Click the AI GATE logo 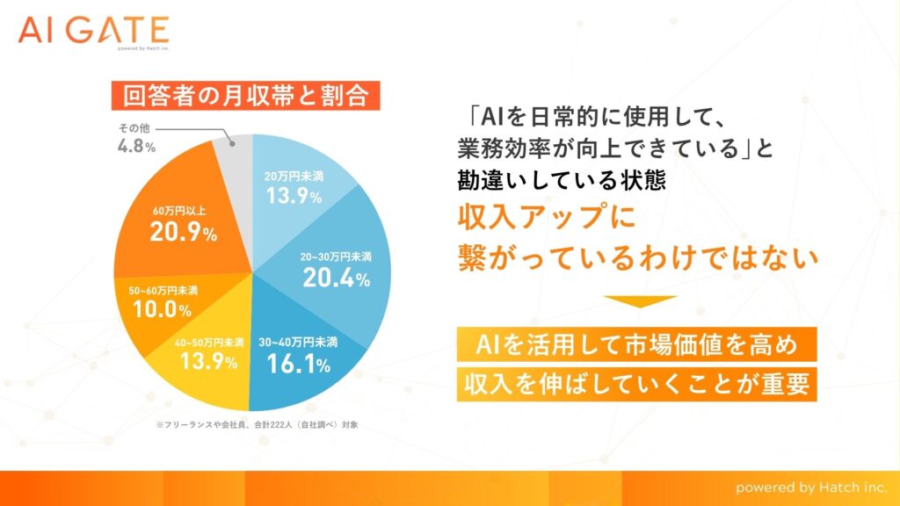click(93, 32)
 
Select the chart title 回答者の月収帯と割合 click(246, 95)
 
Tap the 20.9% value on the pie click(184, 232)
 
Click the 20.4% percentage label click(337, 278)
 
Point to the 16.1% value click(299, 365)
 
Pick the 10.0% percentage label click(163, 310)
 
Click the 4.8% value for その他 click(136, 146)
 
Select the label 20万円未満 click(294, 176)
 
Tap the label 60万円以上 click(179, 211)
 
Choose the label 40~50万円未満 click(209, 343)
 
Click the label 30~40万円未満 click(298, 343)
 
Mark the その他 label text click(134, 128)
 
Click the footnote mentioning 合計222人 click(257, 425)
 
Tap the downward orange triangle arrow click(640, 300)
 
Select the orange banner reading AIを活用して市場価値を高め click(636, 344)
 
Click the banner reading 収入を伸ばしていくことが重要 click(636, 384)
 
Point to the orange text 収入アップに click(547, 218)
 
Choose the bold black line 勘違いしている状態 click(562, 180)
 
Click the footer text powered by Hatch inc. click(811, 488)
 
